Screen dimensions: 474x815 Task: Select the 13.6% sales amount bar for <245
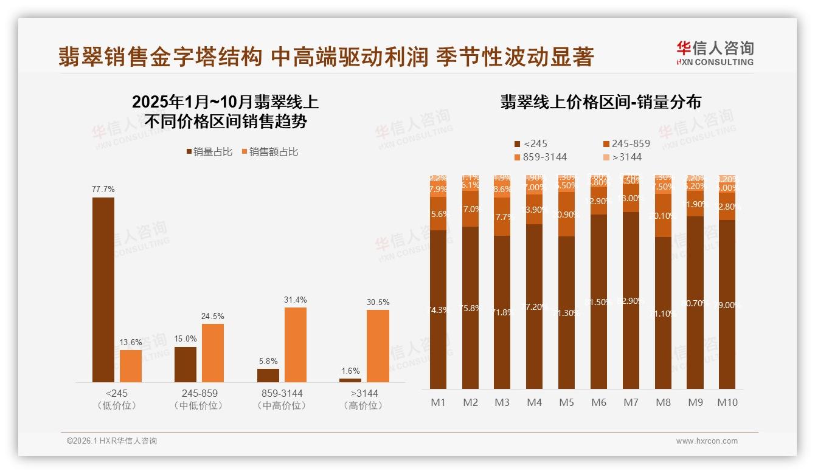pyautogui.click(x=131, y=366)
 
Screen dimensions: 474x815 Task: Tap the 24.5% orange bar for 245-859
pyautogui.click(x=213, y=352)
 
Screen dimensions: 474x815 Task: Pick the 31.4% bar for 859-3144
pyautogui.click(x=296, y=345)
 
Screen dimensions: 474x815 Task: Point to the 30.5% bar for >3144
pyautogui.click(x=378, y=346)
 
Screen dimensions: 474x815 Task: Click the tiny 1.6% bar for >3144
pyautogui.click(x=350, y=380)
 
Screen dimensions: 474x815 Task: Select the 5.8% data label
pyautogui.click(x=268, y=361)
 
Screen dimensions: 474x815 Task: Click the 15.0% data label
pyautogui.click(x=186, y=339)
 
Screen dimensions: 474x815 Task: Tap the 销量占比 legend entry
pyautogui.click(x=210, y=152)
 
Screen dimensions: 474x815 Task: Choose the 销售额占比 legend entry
pyautogui.click(x=270, y=152)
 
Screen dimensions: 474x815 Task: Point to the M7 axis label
pyautogui.click(x=631, y=402)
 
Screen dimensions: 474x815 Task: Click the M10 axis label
pyautogui.click(x=727, y=402)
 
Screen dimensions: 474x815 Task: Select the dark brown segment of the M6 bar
pyautogui.click(x=599, y=301)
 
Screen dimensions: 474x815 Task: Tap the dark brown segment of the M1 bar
pyautogui.click(x=438, y=309)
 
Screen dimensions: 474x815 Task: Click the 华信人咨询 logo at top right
pyautogui.click(x=715, y=53)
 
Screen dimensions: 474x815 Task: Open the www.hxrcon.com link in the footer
pyautogui.click(x=707, y=441)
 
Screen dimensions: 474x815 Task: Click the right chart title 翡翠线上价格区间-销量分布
pyautogui.click(x=601, y=101)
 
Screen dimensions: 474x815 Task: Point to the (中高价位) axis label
pyautogui.click(x=280, y=405)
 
